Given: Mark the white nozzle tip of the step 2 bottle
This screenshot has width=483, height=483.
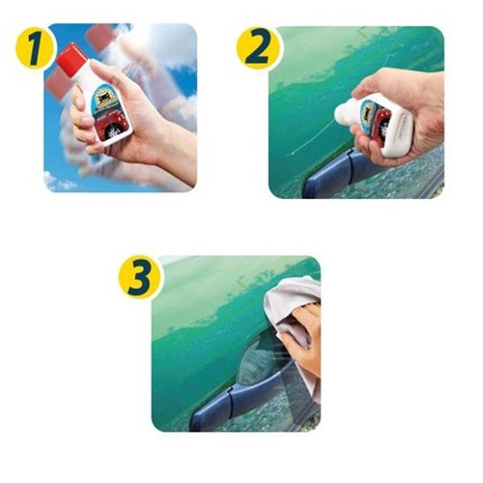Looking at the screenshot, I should point(341,115).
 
